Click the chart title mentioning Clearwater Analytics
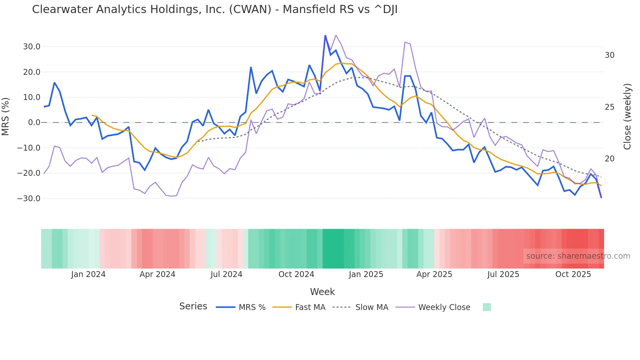pyautogui.click(x=215, y=9)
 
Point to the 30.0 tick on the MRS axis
pyautogui.click(x=31, y=47)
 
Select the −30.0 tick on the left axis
pyautogui.click(x=29, y=199)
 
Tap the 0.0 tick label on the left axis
pyautogui.click(x=34, y=123)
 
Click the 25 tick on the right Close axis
pyautogui.click(x=609, y=107)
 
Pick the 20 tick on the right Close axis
pyautogui.click(x=609, y=159)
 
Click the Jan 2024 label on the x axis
pyautogui.click(x=88, y=274)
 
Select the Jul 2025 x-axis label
pyautogui.click(x=503, y=274)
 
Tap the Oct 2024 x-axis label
pyautogui.click(x=296, y=274)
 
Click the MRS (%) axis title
pyautogui.click(x=6, y=117)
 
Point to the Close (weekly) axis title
pyautogui.click(x=627, y=117)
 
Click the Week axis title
pyautogui.click(x=322, y=292)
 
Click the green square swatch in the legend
pyautogui.click(x=487, y=307)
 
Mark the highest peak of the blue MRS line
pyautogui.click(x=325, y=35)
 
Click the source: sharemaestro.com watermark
pyautogui.click(x=578, y=256)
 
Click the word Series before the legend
pyautogui.click(x=193, y=306)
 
